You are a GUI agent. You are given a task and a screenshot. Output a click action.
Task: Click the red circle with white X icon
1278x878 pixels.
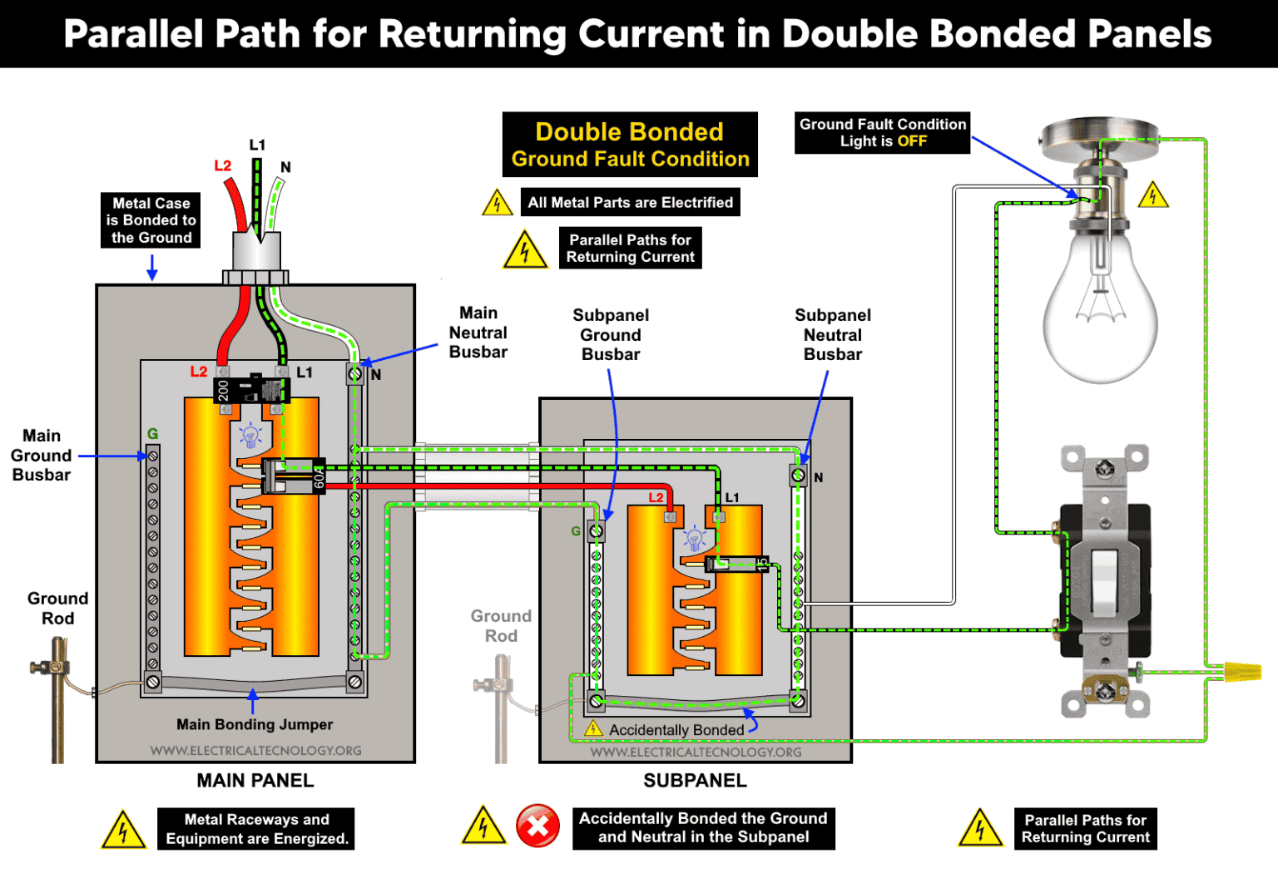click(537, 826)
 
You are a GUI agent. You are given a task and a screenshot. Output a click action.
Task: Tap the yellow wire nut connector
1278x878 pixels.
click(1241, 670)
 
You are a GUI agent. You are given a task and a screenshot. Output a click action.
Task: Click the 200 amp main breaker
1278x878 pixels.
click(250, 390)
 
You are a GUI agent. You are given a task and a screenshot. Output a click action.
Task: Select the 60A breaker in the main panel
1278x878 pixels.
click(294, 476)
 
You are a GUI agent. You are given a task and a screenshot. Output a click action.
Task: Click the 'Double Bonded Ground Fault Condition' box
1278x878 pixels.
click(630, 145)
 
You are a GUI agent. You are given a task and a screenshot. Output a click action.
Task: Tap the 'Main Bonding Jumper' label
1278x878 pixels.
click(255, 724)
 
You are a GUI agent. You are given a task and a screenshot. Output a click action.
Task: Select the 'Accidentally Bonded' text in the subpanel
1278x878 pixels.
click(676, 730)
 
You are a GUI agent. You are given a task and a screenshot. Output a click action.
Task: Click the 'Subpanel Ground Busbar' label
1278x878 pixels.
click(611, 334)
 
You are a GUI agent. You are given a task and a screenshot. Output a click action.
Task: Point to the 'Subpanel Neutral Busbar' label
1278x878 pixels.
click(832, 334)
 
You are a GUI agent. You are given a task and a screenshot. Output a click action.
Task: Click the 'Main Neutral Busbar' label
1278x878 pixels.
click(478, 333)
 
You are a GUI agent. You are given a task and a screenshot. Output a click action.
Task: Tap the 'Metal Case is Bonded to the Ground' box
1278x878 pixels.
click(151, 220)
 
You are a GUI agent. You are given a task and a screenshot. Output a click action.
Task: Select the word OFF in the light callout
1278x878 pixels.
click(912, 141)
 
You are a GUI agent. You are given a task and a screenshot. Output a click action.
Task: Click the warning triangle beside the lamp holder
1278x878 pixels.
click(1152, 195)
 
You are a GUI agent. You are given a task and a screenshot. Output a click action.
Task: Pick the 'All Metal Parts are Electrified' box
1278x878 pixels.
click(630, 202)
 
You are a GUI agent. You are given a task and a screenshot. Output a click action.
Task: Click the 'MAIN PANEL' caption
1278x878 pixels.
click(255, 781)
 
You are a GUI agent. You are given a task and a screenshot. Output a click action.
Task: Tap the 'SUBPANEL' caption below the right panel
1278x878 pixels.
click(695, 781)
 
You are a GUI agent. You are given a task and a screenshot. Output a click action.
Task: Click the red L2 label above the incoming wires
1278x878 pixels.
click(223, 165)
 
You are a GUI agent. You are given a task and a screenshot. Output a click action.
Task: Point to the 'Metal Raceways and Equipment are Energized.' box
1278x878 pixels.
click(256, 829)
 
